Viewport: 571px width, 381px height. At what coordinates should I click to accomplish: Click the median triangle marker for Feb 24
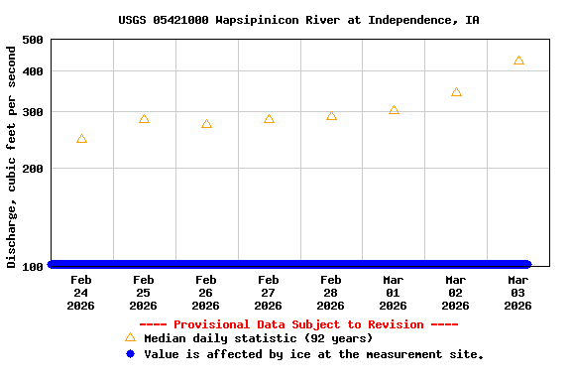(81, 139)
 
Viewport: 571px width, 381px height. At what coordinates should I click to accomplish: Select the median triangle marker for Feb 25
(144, 119)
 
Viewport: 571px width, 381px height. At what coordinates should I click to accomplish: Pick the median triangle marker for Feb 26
(206, 124)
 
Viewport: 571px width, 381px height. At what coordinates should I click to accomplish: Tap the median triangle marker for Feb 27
(269, 119)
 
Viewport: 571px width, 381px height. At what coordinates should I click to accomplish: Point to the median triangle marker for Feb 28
(331, 116)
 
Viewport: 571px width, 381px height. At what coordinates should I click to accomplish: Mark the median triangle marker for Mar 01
(394, 110)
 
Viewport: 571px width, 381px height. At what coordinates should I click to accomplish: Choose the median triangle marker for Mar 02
(456, 92)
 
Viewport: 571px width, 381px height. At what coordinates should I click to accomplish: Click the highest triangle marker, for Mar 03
(518, 61)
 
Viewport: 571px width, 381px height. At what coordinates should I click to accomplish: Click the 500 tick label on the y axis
(32, 40)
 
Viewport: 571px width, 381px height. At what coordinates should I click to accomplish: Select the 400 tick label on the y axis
(32, 71)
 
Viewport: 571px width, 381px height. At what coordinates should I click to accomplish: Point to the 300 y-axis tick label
(32, 112)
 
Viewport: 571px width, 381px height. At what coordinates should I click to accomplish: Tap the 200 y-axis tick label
(32, 169)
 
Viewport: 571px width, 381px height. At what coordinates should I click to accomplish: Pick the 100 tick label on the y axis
(32, 266)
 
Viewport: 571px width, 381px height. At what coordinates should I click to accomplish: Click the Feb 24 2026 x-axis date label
(81, 293)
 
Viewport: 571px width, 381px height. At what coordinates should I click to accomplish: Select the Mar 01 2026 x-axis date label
(394, 293)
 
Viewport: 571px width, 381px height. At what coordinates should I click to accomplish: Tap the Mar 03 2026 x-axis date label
(518, 293)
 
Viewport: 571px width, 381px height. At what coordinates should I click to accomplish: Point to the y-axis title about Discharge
(12, 155)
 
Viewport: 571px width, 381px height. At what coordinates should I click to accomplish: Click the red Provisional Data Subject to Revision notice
(298, 324)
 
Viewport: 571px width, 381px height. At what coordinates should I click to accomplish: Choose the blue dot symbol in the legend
(130, 353)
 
